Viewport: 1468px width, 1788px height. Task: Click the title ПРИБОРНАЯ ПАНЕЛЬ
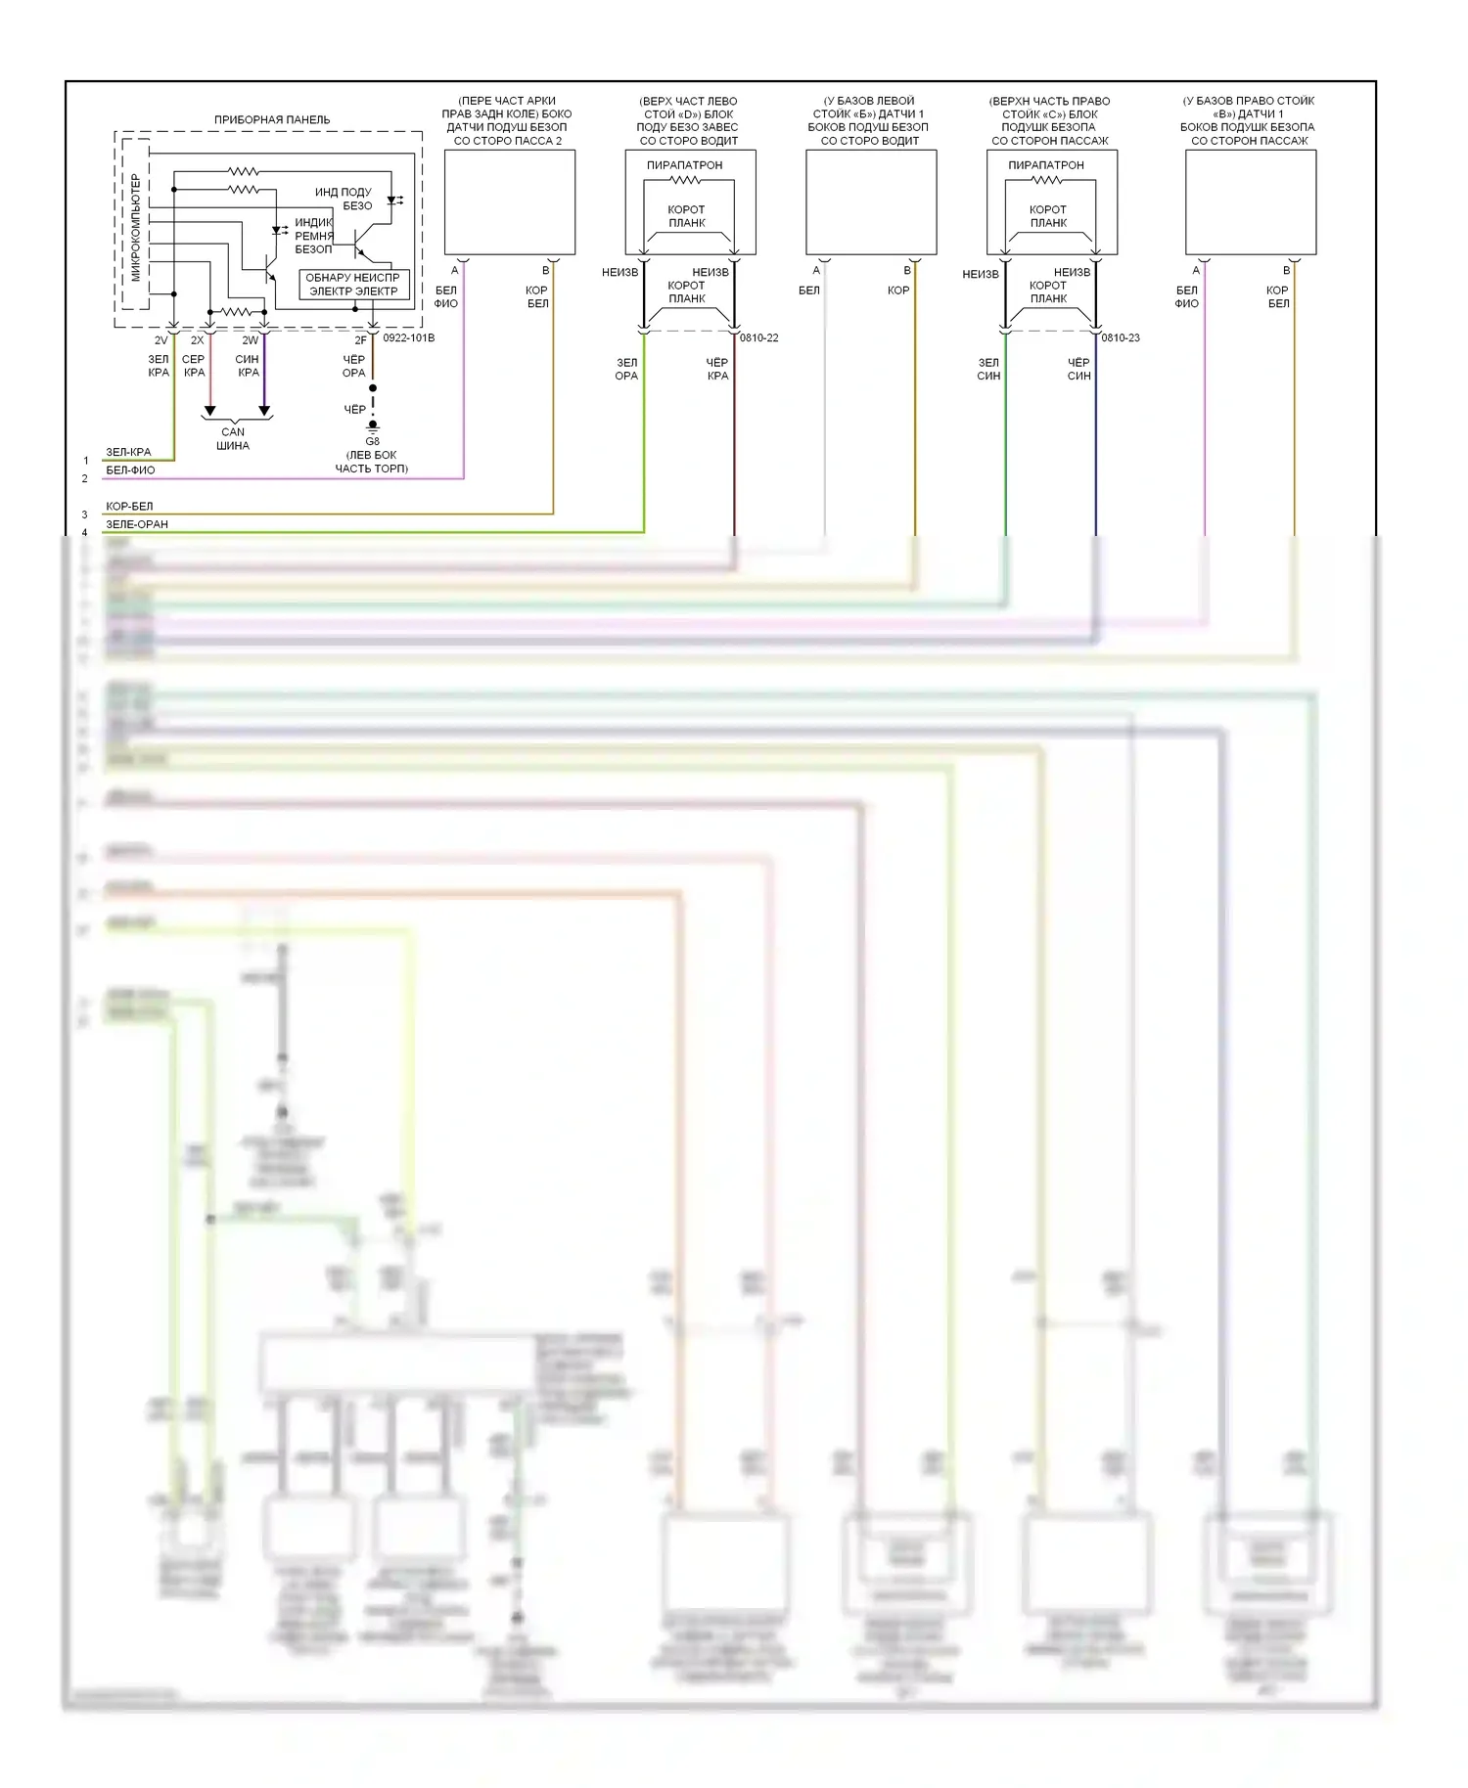(x=272, y=119)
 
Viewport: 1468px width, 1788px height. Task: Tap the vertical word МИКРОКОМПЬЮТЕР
(x=135, y=227)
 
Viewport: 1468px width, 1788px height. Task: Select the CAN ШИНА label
(x=233, y=438)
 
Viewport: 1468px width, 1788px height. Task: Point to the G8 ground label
(x=372, y=441)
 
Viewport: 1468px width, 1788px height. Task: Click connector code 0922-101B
(x=409, y=338)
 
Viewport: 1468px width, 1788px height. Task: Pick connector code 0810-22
(x=759, y=338)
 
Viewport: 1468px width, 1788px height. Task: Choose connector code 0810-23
(x=1121, y=338)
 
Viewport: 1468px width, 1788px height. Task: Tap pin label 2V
(x=161, y=340)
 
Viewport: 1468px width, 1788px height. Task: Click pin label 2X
(x=198, y=340)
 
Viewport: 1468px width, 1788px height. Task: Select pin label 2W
(x=251, y=340)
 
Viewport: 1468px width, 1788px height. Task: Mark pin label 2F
(x=361, y=340)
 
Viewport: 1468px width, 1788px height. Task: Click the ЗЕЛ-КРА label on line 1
(x=128, y=452)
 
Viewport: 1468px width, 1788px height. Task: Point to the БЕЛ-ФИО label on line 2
(x=130, y=470)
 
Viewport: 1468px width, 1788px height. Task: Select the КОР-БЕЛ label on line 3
(x=129, y=507)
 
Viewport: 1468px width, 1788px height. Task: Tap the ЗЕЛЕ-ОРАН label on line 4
(x=137, y=524)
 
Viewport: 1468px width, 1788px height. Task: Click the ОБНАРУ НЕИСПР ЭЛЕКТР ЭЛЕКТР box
(x=353, y=285)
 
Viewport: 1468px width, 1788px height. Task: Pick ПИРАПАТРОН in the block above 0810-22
(x=684, y=165)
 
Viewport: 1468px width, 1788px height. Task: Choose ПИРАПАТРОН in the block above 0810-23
(x=1046, y=165)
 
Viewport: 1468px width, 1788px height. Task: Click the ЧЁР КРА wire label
(x=717, y=369)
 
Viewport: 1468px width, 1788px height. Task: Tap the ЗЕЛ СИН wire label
(x=988, y=369)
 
